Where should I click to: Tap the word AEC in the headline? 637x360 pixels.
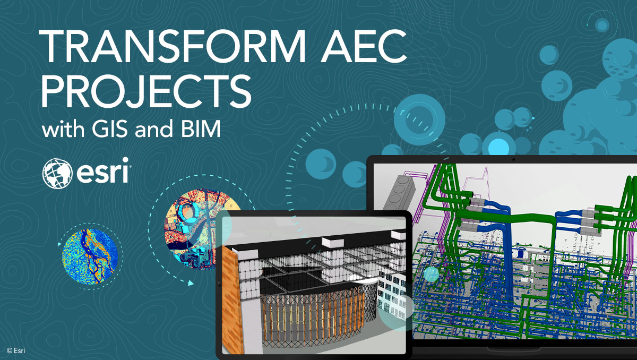point(366,47)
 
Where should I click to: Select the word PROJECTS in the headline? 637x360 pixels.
point(147,92)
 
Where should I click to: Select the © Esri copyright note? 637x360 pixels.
point(16,350)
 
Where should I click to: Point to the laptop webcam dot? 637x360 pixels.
point(514,159)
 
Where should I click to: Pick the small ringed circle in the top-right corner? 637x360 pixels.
point(602,24)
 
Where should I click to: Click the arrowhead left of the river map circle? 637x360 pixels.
point(59,245)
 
